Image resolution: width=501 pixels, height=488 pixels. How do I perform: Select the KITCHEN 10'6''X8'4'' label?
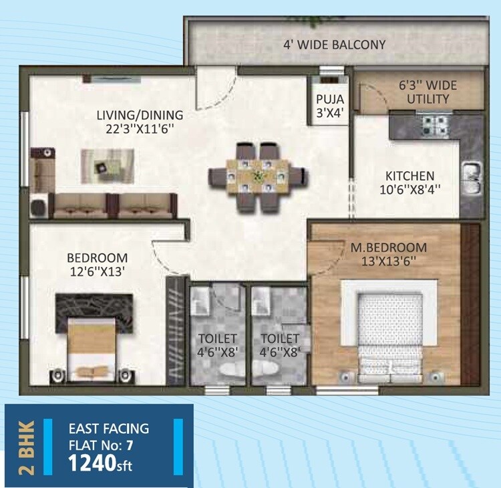(413, 182)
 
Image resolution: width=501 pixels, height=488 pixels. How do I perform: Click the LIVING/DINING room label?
(139, 121)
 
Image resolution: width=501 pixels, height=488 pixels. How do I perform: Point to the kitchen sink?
(472, 178)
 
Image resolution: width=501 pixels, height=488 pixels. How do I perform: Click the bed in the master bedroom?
(389, 335)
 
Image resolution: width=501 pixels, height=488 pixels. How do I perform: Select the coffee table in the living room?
(107, 164)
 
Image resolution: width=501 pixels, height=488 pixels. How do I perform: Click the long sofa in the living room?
(115, 206)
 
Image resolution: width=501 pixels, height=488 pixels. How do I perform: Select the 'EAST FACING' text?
(109, 429)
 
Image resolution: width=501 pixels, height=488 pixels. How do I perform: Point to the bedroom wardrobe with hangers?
(176, 331)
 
